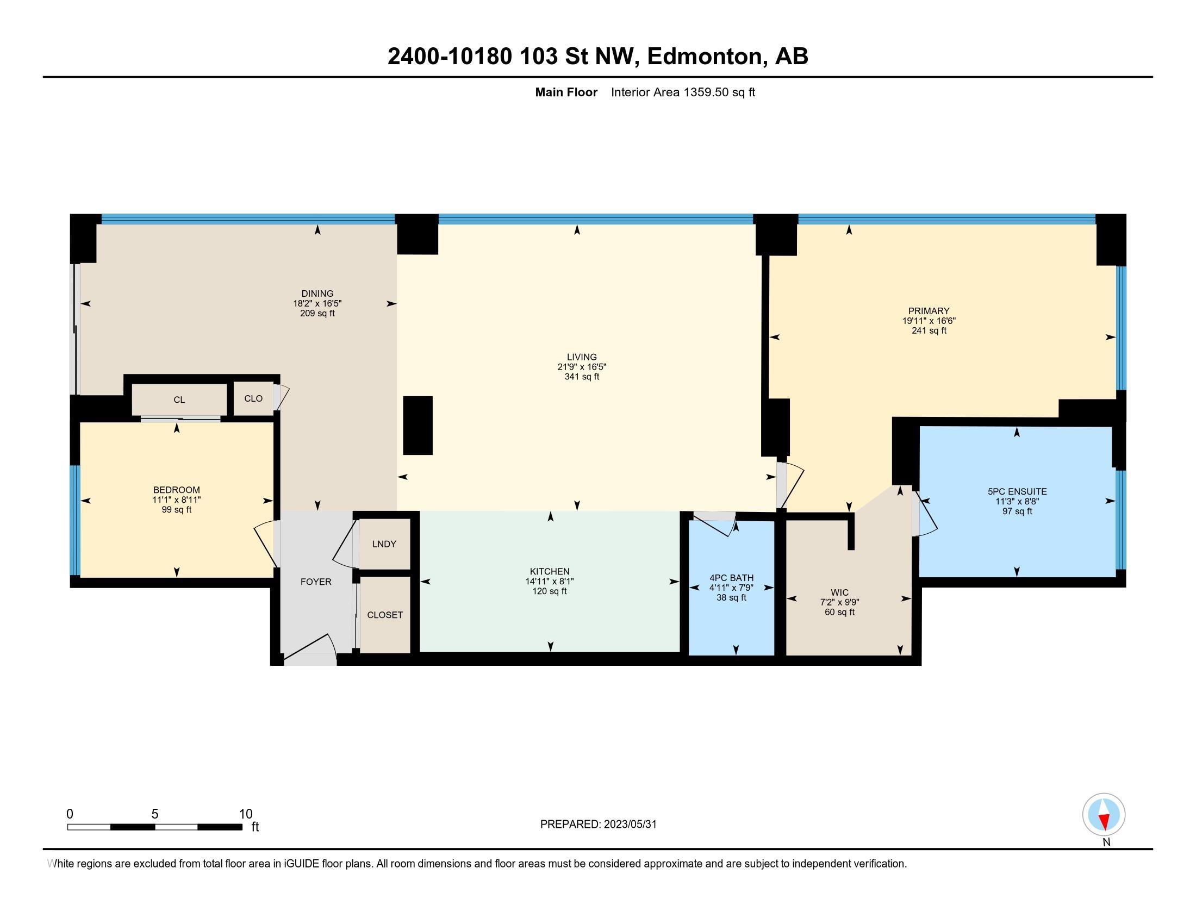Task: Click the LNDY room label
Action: (384, 544)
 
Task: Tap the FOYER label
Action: (316, 582)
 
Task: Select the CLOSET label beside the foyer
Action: (385, 615)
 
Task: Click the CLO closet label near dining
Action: (253, 398)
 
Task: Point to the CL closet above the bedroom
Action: (179, 400)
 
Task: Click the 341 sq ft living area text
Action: (582, 377)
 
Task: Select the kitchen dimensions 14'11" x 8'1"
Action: (549, 582)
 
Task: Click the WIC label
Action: (839, 592)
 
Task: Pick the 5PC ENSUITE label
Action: (1017, 491)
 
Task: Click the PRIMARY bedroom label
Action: (928, 311)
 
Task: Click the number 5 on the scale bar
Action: (155, 814)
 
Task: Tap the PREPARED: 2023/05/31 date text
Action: (598, 825)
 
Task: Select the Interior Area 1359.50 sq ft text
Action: (683, 92)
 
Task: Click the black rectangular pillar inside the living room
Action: (418, 426)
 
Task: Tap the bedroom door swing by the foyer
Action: (267, 542)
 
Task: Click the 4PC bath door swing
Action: (715, 523)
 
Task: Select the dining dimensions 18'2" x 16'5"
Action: (317, 303)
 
